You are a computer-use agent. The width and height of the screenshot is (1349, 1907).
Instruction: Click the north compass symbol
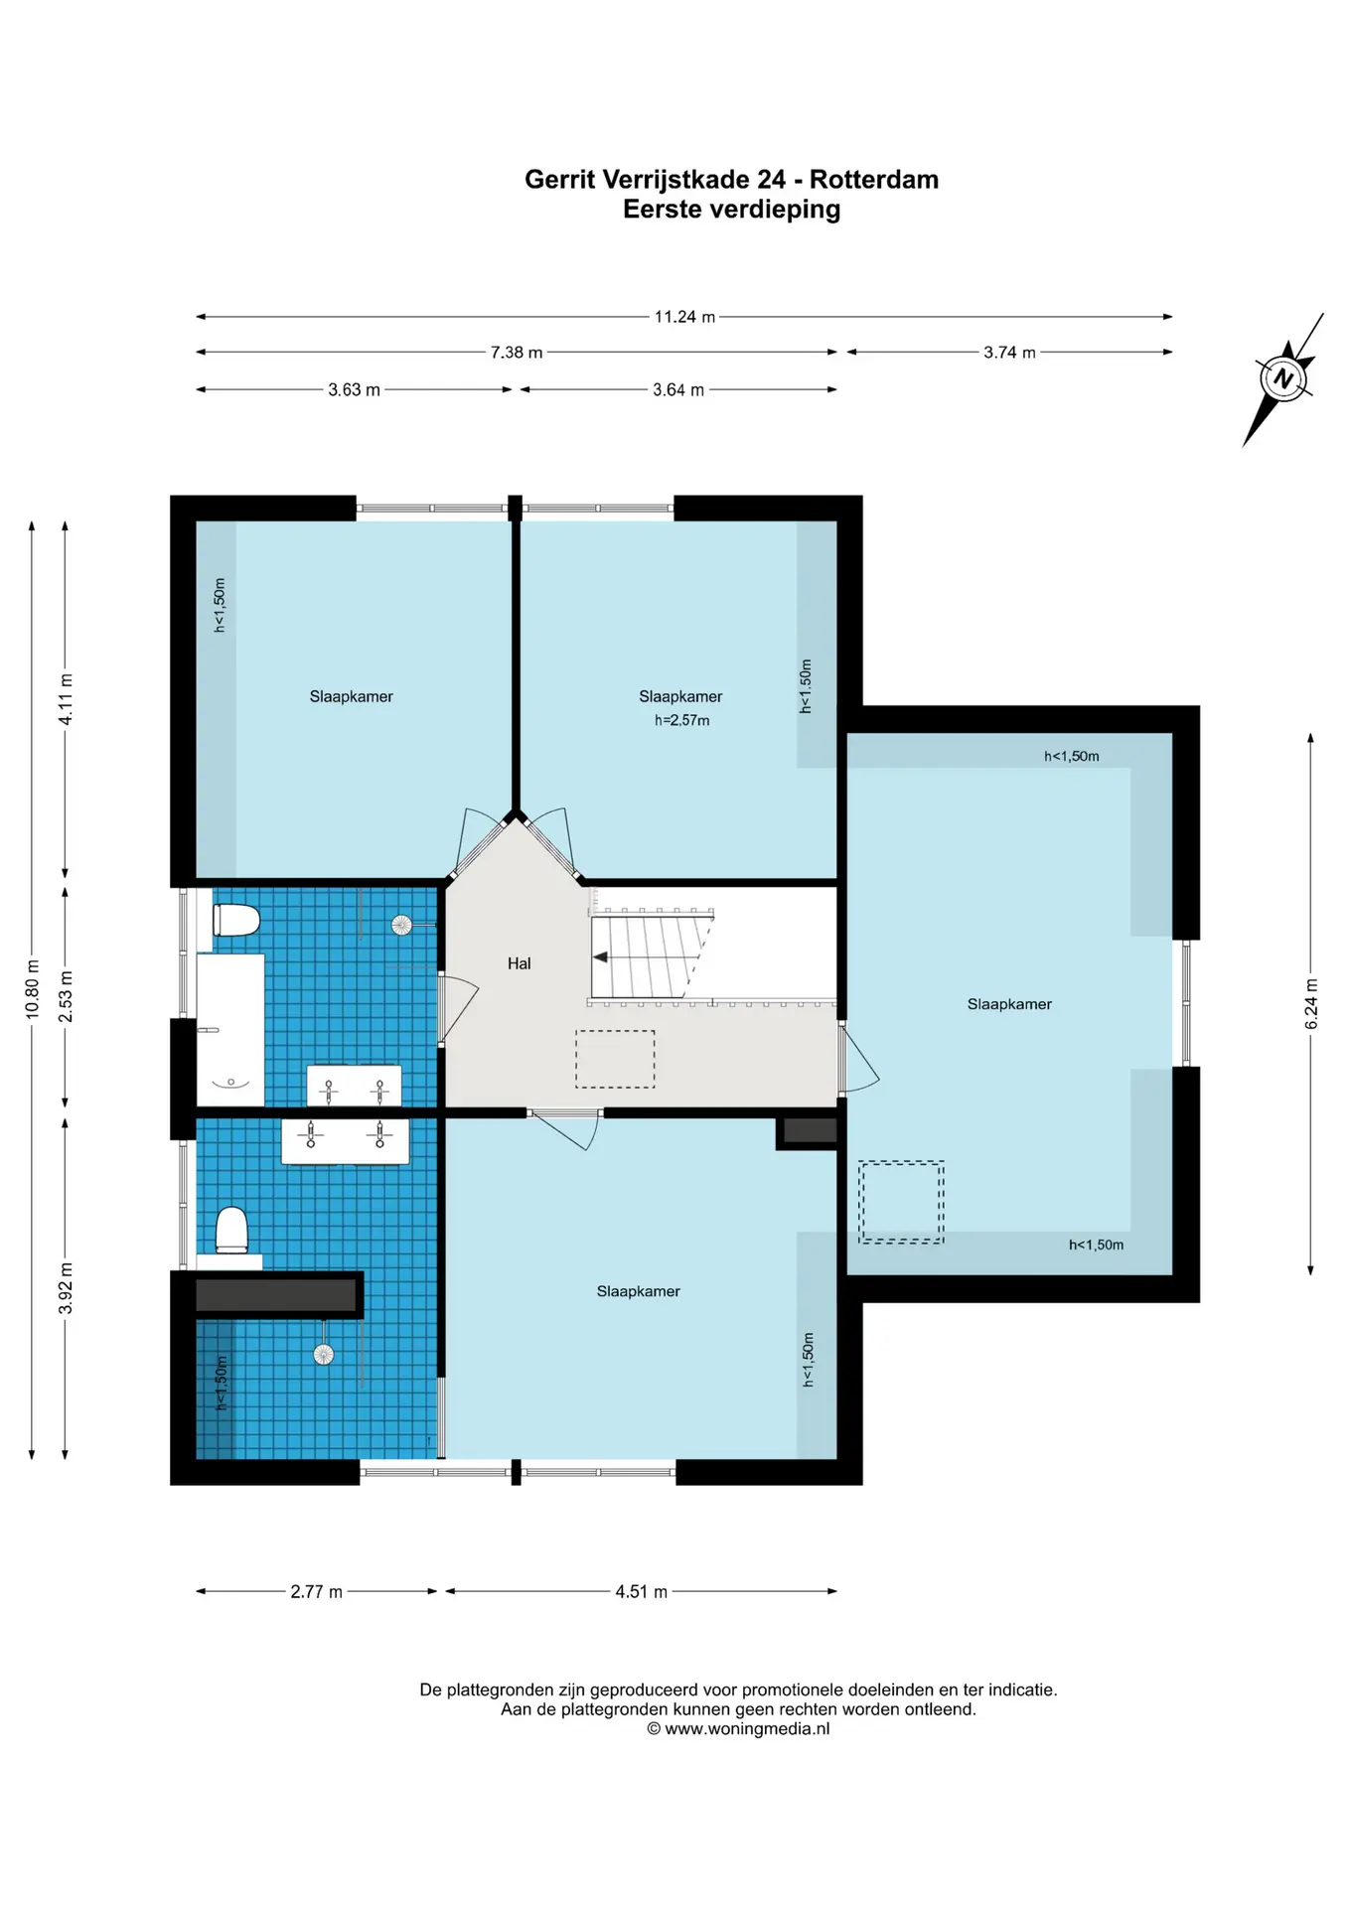point(1283,378)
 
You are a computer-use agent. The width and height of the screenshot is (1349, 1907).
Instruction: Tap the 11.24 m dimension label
point(684,317)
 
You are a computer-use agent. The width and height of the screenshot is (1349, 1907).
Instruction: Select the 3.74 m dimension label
point(1009,353)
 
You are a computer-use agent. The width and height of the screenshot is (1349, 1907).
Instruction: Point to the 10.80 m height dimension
point(33,989)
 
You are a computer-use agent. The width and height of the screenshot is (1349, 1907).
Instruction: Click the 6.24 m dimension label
point(1311,1004)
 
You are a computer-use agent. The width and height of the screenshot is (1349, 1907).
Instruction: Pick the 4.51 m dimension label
point(641,1591)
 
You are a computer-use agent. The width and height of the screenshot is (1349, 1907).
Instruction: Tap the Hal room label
point(519,963)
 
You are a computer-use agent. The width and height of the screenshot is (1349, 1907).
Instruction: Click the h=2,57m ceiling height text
point(681,720)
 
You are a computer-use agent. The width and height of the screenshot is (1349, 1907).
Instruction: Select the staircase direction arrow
point(601,957)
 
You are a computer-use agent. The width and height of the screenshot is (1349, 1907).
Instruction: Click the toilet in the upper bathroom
point(236,920)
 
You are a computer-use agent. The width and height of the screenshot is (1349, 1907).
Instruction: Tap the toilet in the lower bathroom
point(232,1230)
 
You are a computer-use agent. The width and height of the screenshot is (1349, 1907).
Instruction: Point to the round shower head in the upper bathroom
point(401,926)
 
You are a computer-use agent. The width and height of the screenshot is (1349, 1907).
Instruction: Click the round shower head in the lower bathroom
point(324,1354)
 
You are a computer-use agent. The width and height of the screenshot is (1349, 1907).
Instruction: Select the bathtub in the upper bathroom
point(230,1030)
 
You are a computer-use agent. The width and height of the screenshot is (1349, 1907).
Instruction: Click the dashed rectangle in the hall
point(615,1059)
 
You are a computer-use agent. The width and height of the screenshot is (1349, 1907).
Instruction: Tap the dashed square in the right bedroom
point(901,1202)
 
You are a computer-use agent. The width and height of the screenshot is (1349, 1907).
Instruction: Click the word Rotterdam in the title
point(874,180)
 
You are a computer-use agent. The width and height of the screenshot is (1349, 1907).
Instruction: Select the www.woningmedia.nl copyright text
point(738,1729)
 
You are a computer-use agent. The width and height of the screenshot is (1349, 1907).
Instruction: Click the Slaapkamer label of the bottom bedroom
point(638,1291)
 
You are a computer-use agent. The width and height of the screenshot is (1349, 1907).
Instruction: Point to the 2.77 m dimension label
point(316,1591)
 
